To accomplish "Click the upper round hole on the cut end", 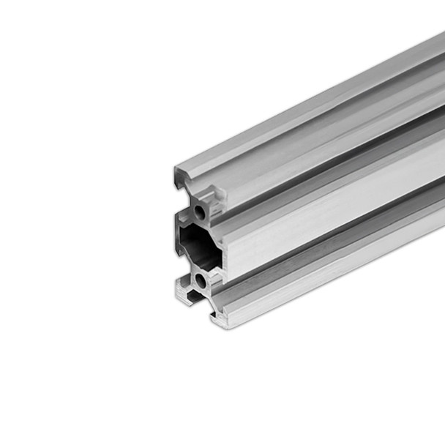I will tap(200, 213).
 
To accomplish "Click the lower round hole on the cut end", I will tap(200, 280).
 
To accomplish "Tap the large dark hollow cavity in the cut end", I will tap(196, 247).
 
